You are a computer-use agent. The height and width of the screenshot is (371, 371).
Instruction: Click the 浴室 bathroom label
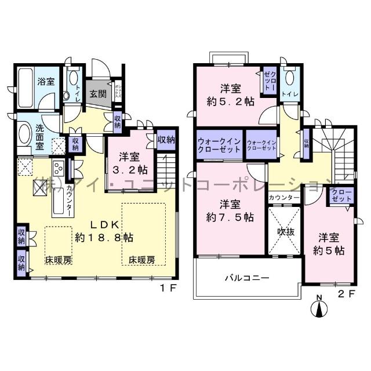point(47,82)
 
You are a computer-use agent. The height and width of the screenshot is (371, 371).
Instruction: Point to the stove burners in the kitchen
point(59,169)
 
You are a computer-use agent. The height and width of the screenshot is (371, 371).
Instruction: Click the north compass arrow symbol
point(319,307)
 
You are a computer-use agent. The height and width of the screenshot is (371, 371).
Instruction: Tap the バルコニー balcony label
point(246,278)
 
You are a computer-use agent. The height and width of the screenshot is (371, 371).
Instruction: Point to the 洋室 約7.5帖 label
point(230,211)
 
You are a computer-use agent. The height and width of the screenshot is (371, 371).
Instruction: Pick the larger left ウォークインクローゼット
point(219,145)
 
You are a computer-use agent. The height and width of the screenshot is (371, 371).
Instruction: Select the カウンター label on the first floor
point(69,201)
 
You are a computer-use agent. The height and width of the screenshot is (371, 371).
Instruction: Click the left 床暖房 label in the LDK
point(59,260)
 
